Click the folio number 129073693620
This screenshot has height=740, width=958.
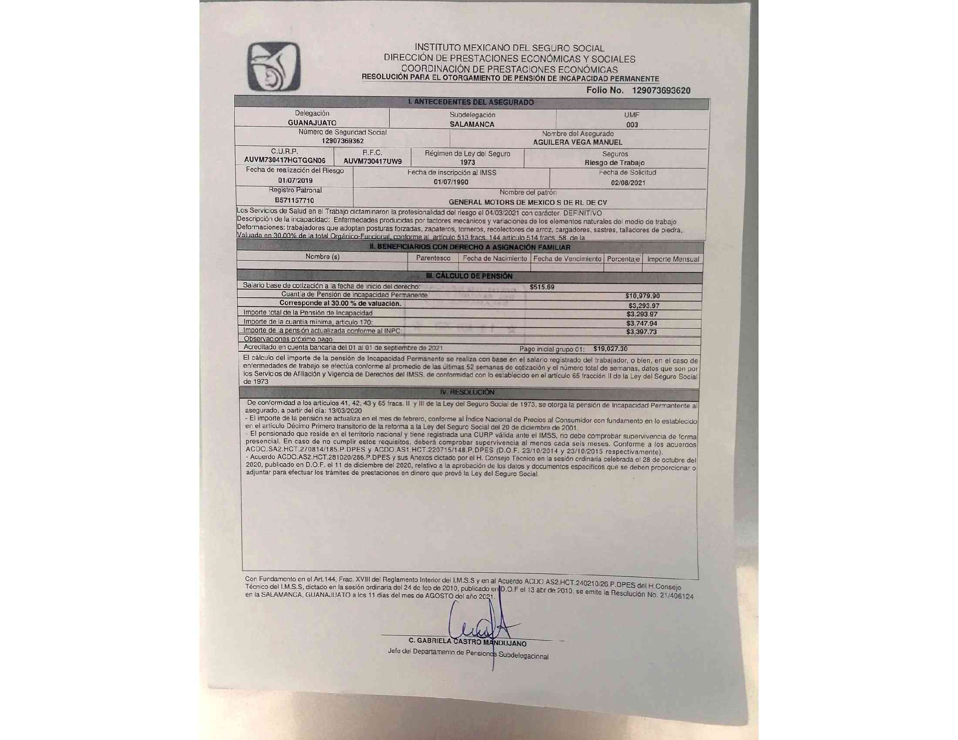pyautogui.click(x=661, y=91)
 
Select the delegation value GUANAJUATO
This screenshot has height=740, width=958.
pyautogui.click(x=312, y=123)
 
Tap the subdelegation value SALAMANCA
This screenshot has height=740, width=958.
pyautogui.click(x=472, y=124)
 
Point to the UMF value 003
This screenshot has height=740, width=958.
pyautogui.click(x=632, y=125)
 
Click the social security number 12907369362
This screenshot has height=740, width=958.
pyautogui.click(x=343, y=141)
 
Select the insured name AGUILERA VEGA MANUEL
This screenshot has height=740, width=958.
pyautogui.click(x=577, y=142)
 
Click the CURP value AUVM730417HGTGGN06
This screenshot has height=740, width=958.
pyautogui.click(x=285, y=161)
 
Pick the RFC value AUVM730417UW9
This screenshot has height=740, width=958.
pyautogui.click(x=372, y=161)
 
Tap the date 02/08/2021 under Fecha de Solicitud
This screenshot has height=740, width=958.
pyautogui.click(x=627, y=183)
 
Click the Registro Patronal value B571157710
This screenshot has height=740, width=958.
pyautogui.click(x=294, y=200)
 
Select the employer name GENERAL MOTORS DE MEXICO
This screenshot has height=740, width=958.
pyautogui.click(x=528, y=202)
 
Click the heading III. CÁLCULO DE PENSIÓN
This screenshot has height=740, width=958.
pyautogui.click(x=469, y=276)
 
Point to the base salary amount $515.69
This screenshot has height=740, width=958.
pyautogui.click(x=542, y=287)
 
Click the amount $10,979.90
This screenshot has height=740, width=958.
pyautogui.click(x=642, y=296)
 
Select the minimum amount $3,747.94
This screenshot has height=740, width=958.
pyautogui.click(x=641, y=323)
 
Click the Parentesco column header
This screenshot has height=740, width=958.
pyautogui.click(x=432, y=258)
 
